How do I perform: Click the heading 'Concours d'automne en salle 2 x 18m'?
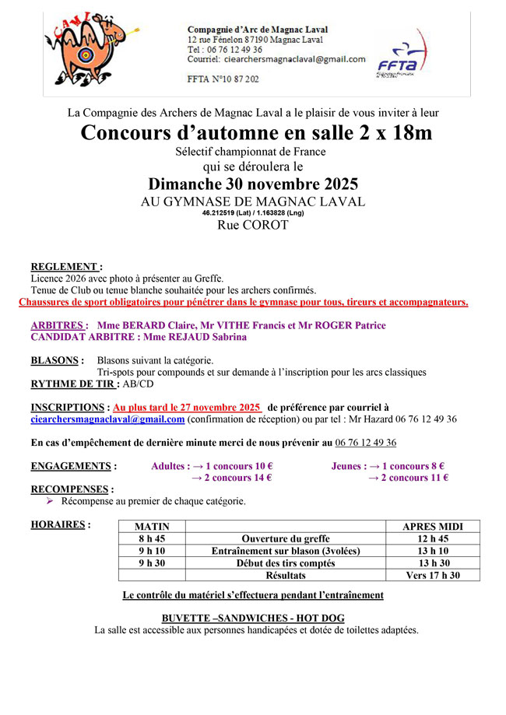[x=256, y=133]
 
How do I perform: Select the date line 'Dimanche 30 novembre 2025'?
[x=254, y=184]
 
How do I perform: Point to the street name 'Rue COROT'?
[x=253, y=226]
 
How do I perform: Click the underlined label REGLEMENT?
[x=66, y=266]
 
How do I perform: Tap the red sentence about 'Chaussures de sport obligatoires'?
[x=243, y=302]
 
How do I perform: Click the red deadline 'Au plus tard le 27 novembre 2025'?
[x=187, y=407]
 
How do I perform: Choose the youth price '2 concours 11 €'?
[x=408, y=478]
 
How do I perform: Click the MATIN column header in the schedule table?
[x=152, y=527]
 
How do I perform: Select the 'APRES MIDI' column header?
[x=433, y=527]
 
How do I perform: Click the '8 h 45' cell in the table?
[x=152, y=538]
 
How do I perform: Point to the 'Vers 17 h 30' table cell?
[x=433, y=575]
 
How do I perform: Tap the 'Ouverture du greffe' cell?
[x=286, y=538]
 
